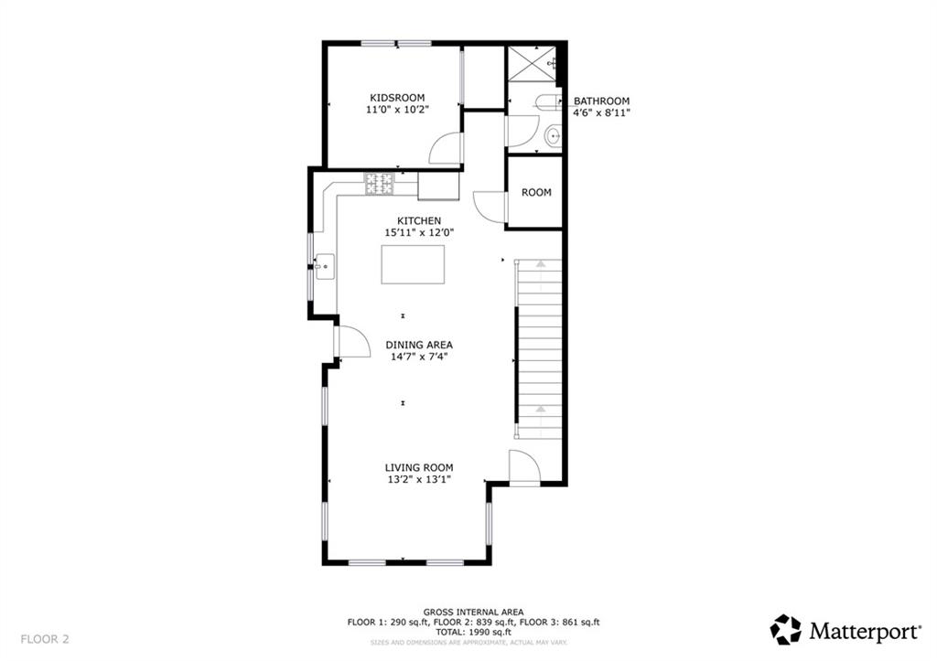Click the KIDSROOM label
point(397,98)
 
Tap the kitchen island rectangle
point(413,264)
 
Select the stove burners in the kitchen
point(380,184)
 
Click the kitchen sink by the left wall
point(324,267)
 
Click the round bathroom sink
point(554,136)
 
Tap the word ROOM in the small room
point(536,192)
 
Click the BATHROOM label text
point(602,101)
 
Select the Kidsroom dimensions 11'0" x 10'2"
point(397,110)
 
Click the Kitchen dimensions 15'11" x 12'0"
point(419,232)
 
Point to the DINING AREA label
point(419,345)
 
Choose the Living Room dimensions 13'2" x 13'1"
point(419,479)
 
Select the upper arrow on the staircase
point(540,262)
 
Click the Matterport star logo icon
point(785,630)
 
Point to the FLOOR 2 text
point(45,639)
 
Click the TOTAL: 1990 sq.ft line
point(473,632)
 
